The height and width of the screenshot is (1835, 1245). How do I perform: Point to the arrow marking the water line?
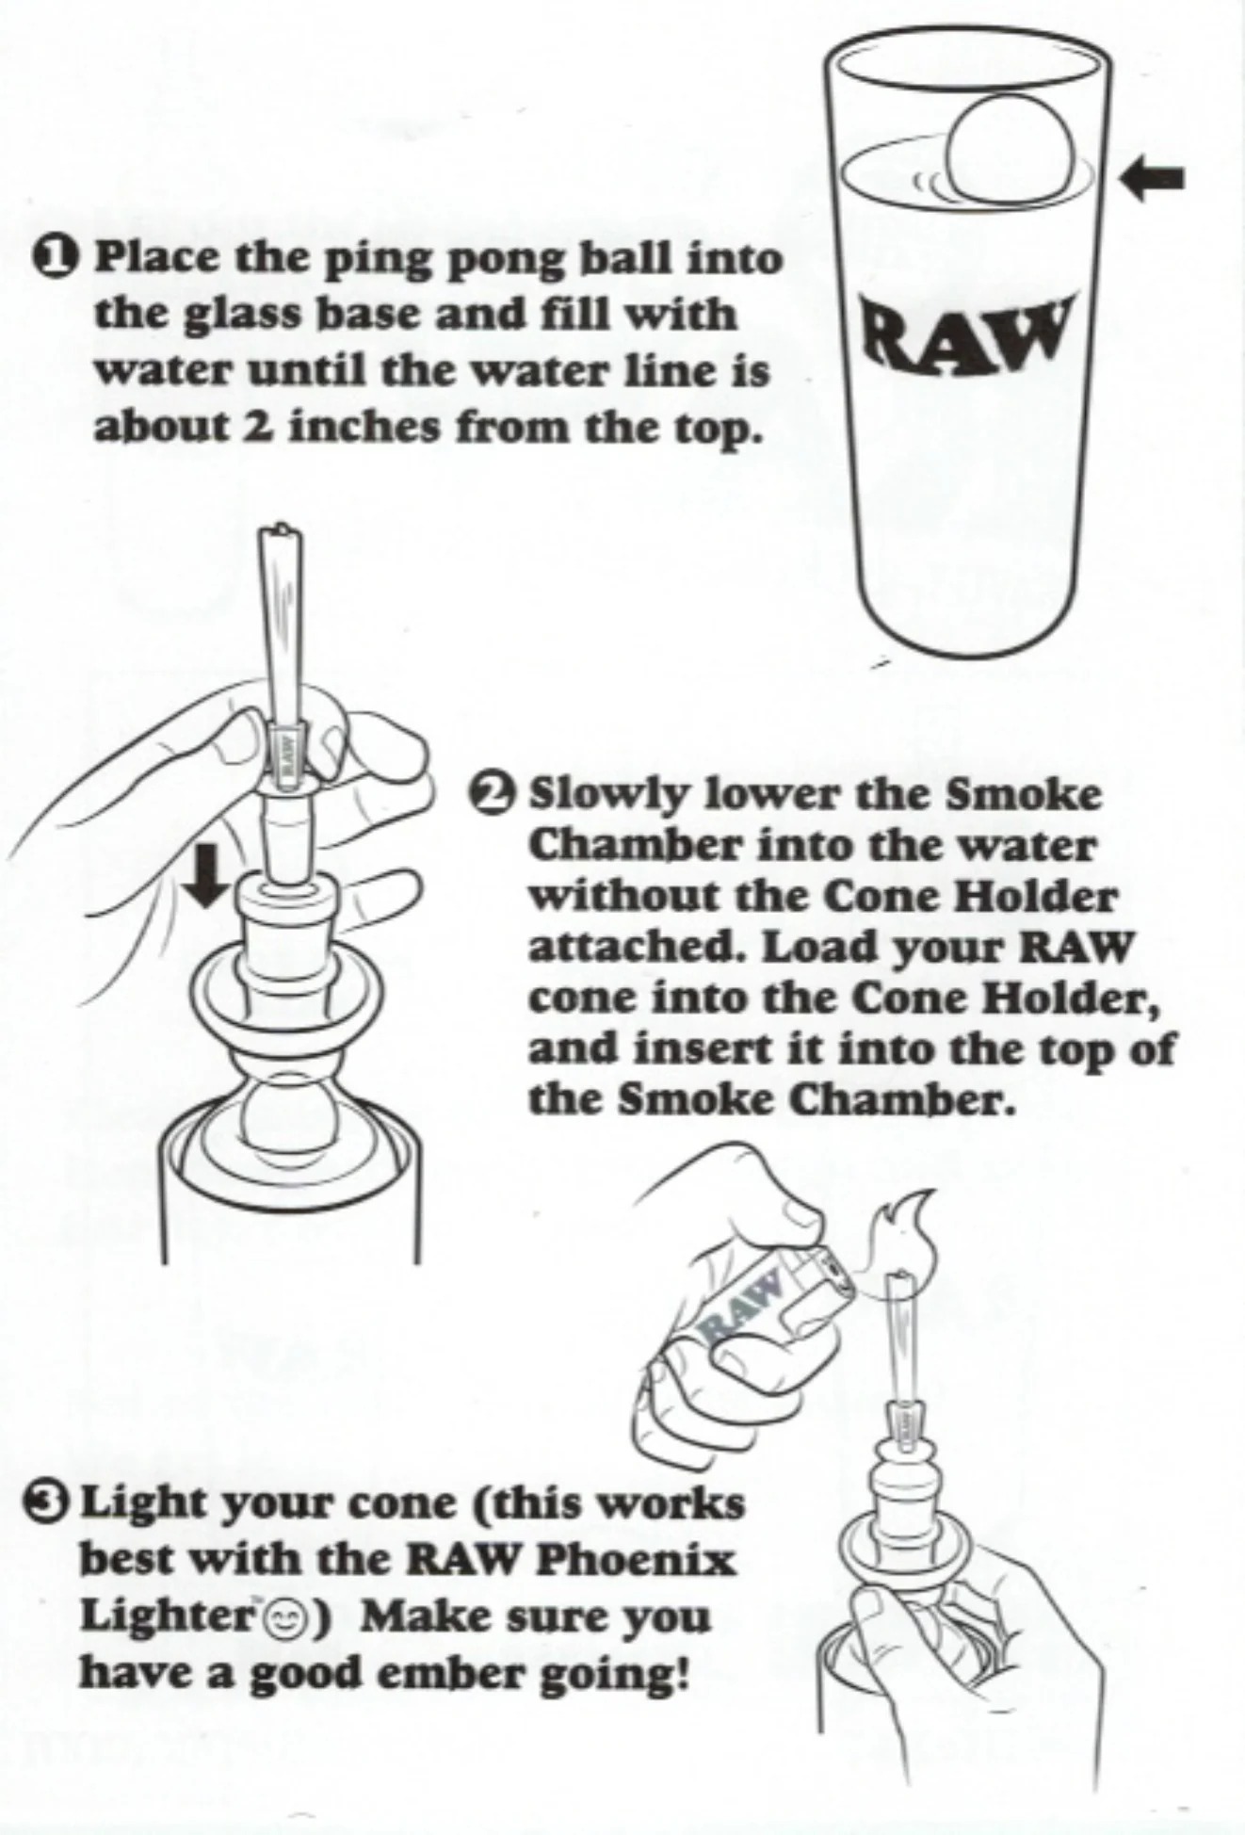1153,176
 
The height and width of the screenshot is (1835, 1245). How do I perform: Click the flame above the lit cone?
900,1226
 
